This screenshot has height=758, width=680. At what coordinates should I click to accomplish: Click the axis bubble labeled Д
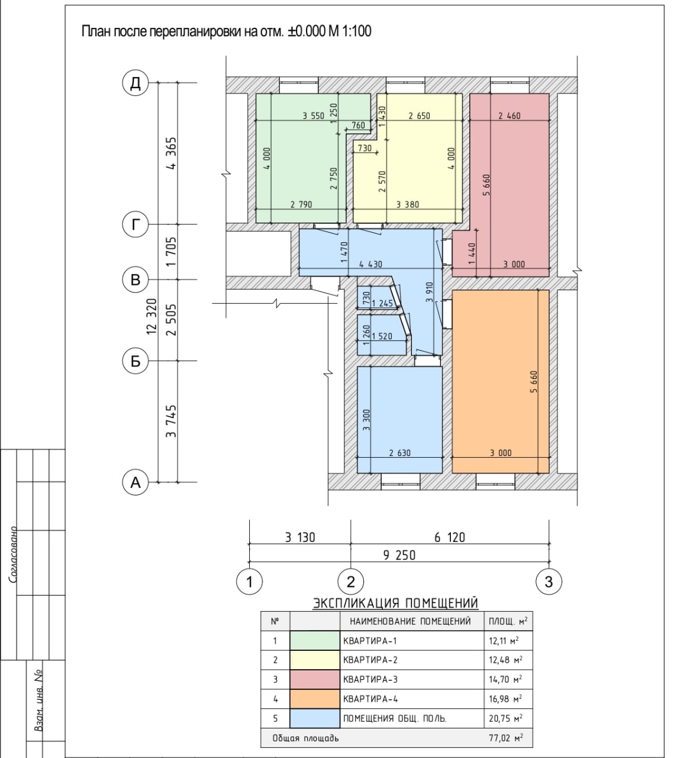136,83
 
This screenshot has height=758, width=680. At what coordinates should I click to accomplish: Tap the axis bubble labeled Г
136,224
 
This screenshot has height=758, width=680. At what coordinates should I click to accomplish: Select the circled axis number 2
350,582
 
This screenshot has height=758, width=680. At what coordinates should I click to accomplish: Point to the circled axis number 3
549,582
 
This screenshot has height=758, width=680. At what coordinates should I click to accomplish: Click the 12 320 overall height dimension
152,316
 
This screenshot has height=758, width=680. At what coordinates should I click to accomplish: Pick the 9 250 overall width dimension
399,555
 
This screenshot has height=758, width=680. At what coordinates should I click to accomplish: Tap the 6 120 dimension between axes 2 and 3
450,538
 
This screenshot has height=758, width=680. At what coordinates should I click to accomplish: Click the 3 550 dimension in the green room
314,116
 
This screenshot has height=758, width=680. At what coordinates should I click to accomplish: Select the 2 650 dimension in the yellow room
419,116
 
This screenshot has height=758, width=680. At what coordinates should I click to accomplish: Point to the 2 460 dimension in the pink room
510,116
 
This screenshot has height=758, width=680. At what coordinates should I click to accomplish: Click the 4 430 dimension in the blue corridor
370,265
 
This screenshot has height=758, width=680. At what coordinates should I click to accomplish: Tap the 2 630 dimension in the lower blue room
400,453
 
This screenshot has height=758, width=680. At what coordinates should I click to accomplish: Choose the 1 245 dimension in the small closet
382,303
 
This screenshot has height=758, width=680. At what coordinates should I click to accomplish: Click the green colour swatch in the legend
315,641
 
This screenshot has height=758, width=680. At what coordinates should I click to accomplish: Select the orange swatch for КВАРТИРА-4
315,699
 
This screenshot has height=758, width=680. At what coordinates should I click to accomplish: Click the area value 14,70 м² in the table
505,679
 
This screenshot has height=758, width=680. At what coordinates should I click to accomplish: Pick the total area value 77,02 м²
505,738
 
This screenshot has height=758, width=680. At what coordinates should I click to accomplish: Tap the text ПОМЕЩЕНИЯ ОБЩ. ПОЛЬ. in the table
395,719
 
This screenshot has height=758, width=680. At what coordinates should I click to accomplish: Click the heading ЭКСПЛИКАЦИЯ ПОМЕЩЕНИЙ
395,603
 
